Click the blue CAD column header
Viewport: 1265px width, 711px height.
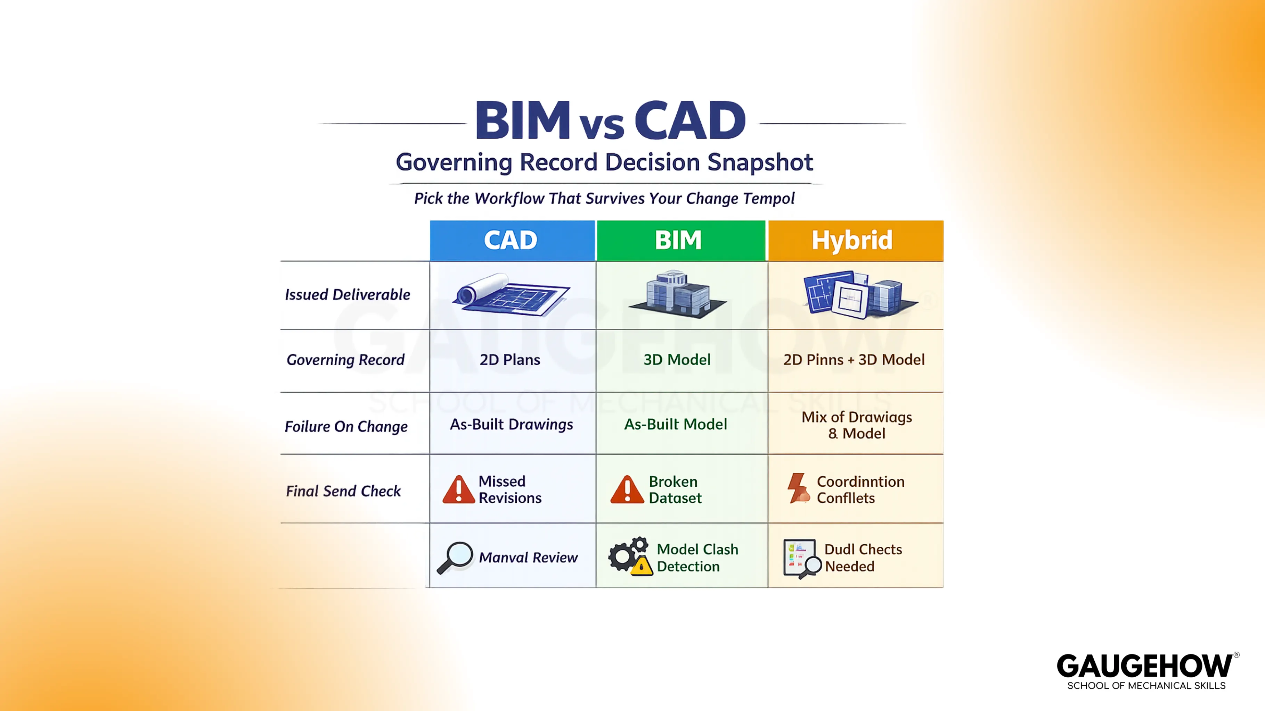tap(512, 241)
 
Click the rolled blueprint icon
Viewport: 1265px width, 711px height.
tap(511, 294)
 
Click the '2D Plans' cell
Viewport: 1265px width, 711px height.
tap(510, 360)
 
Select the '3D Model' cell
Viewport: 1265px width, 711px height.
tap(677, 360)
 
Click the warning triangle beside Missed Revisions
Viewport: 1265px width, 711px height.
tap(458, 490)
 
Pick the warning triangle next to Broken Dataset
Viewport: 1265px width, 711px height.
tap(627, 490)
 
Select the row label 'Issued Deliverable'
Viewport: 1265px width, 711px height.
tap(347, 294)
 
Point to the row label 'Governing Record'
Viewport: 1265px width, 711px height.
tap(345, 360)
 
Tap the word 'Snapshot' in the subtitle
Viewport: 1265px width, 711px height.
tap(760, 162)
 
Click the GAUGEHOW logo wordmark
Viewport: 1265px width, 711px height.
tap(1144, 666)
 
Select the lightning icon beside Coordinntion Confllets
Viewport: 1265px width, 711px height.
tap(798, 488)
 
